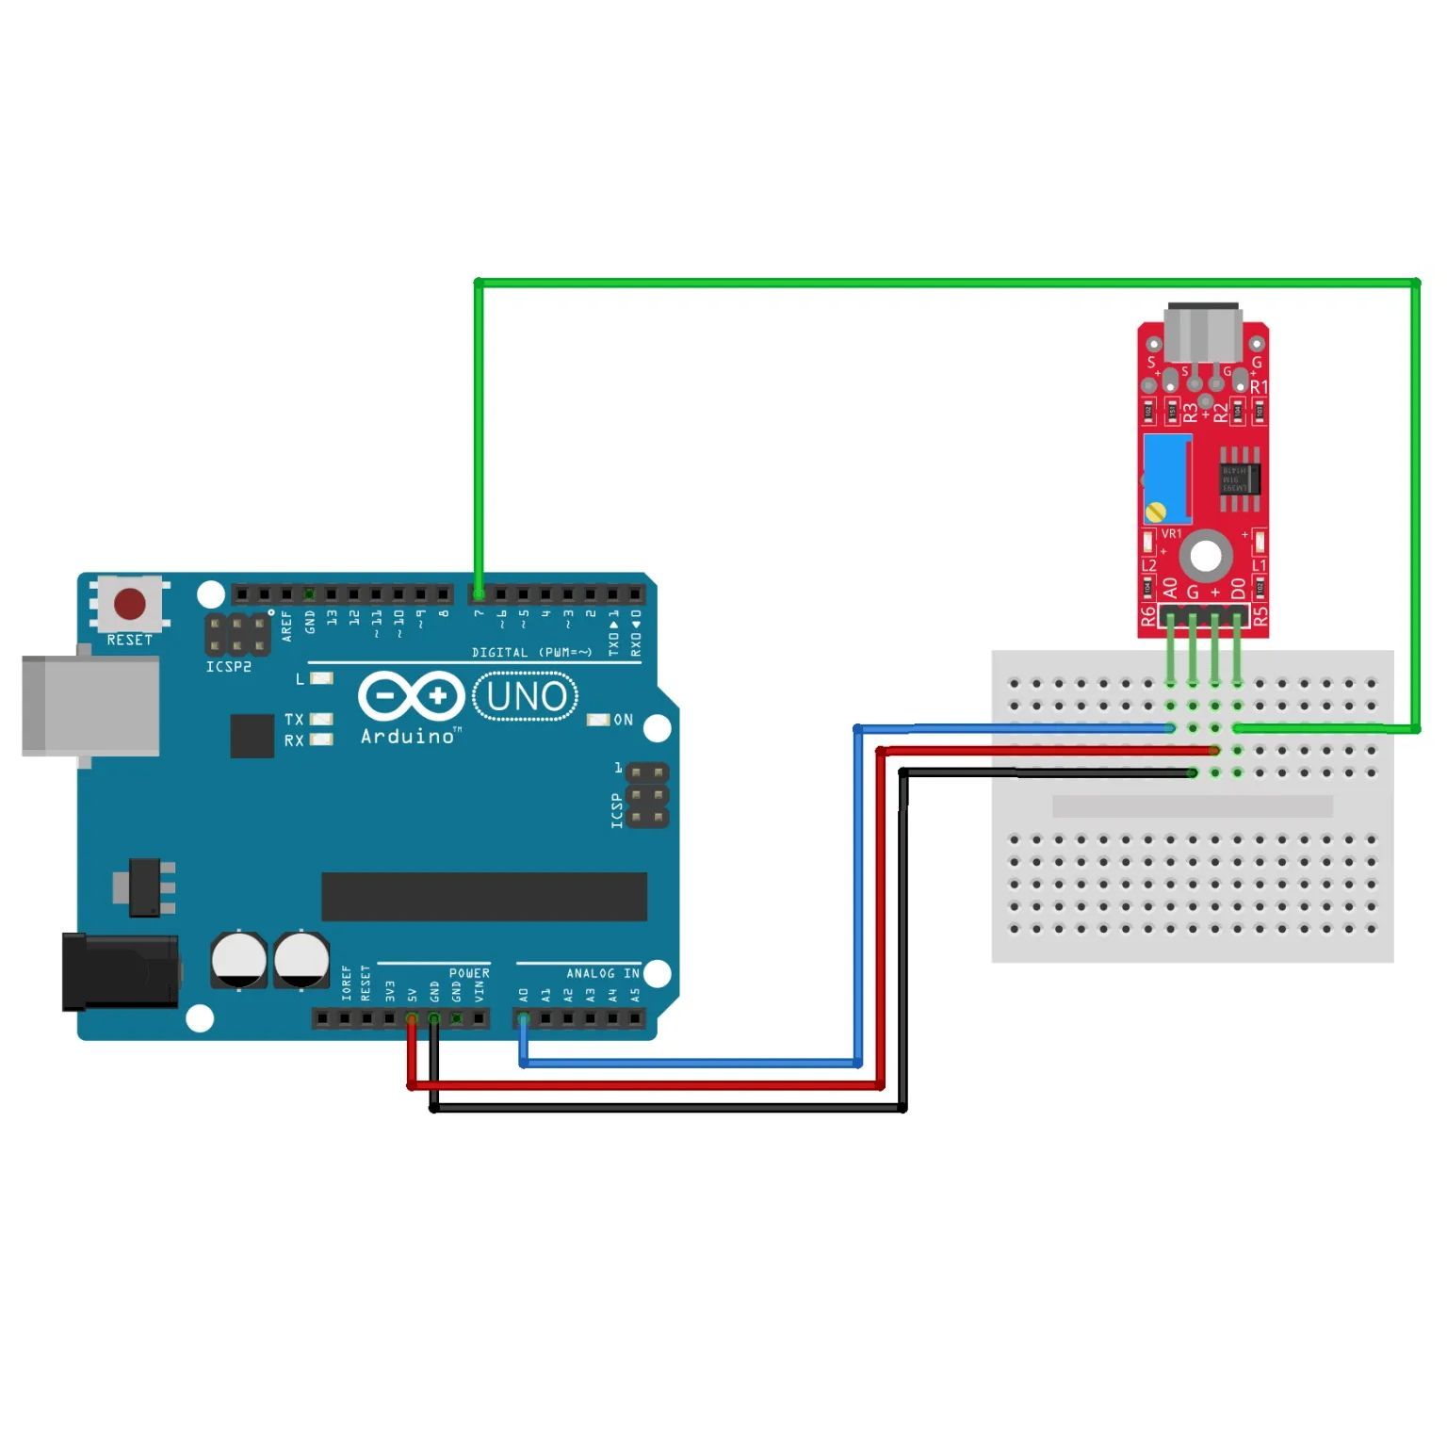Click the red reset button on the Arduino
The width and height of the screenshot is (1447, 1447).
[130, 604]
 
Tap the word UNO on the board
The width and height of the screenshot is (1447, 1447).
[526, 696]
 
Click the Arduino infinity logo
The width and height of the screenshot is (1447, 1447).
[411, 697]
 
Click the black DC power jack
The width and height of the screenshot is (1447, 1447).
[120, 970]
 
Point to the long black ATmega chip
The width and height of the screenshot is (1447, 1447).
[483, 896]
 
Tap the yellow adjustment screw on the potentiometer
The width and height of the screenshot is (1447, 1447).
[1155, 512]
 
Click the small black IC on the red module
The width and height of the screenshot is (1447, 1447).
[1237, 478]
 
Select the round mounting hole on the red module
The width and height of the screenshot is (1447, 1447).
[1205, 556]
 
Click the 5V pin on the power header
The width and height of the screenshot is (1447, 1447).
[412, 1018]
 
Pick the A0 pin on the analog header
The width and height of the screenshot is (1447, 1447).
[524, 1018]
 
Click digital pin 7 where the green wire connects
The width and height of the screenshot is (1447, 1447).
[479, 594]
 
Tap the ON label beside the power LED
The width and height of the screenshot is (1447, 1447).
[623, 720]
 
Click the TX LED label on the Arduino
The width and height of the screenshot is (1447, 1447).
[294, 719]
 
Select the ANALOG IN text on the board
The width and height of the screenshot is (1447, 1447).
[602, 973]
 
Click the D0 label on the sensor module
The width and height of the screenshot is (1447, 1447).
[1238, 588]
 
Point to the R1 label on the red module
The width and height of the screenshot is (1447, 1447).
[1259, 387]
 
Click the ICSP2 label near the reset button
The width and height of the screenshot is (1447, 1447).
[229, 667]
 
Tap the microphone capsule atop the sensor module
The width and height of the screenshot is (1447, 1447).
[1202, 333]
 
